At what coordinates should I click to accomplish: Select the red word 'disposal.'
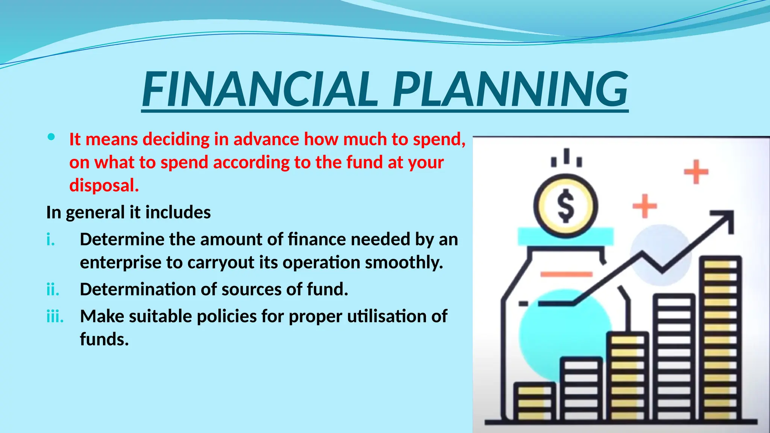click(x=104, y=185)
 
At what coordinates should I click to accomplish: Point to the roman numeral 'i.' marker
click(x=50, y=239)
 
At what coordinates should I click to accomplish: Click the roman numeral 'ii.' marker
click(x=53, y=290)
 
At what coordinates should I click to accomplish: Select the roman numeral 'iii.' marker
click(x=55, y=316)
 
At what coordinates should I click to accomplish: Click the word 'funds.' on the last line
click(x=105, y=339)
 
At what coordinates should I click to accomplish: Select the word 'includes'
click(x=178, y=212)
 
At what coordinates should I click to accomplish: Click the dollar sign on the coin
click(x=565, y=206)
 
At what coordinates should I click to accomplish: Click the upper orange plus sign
click(x=696, y=172)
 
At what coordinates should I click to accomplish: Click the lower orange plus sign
click(x=644, y=206)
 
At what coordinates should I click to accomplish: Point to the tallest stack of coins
click(x=720, y=338)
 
